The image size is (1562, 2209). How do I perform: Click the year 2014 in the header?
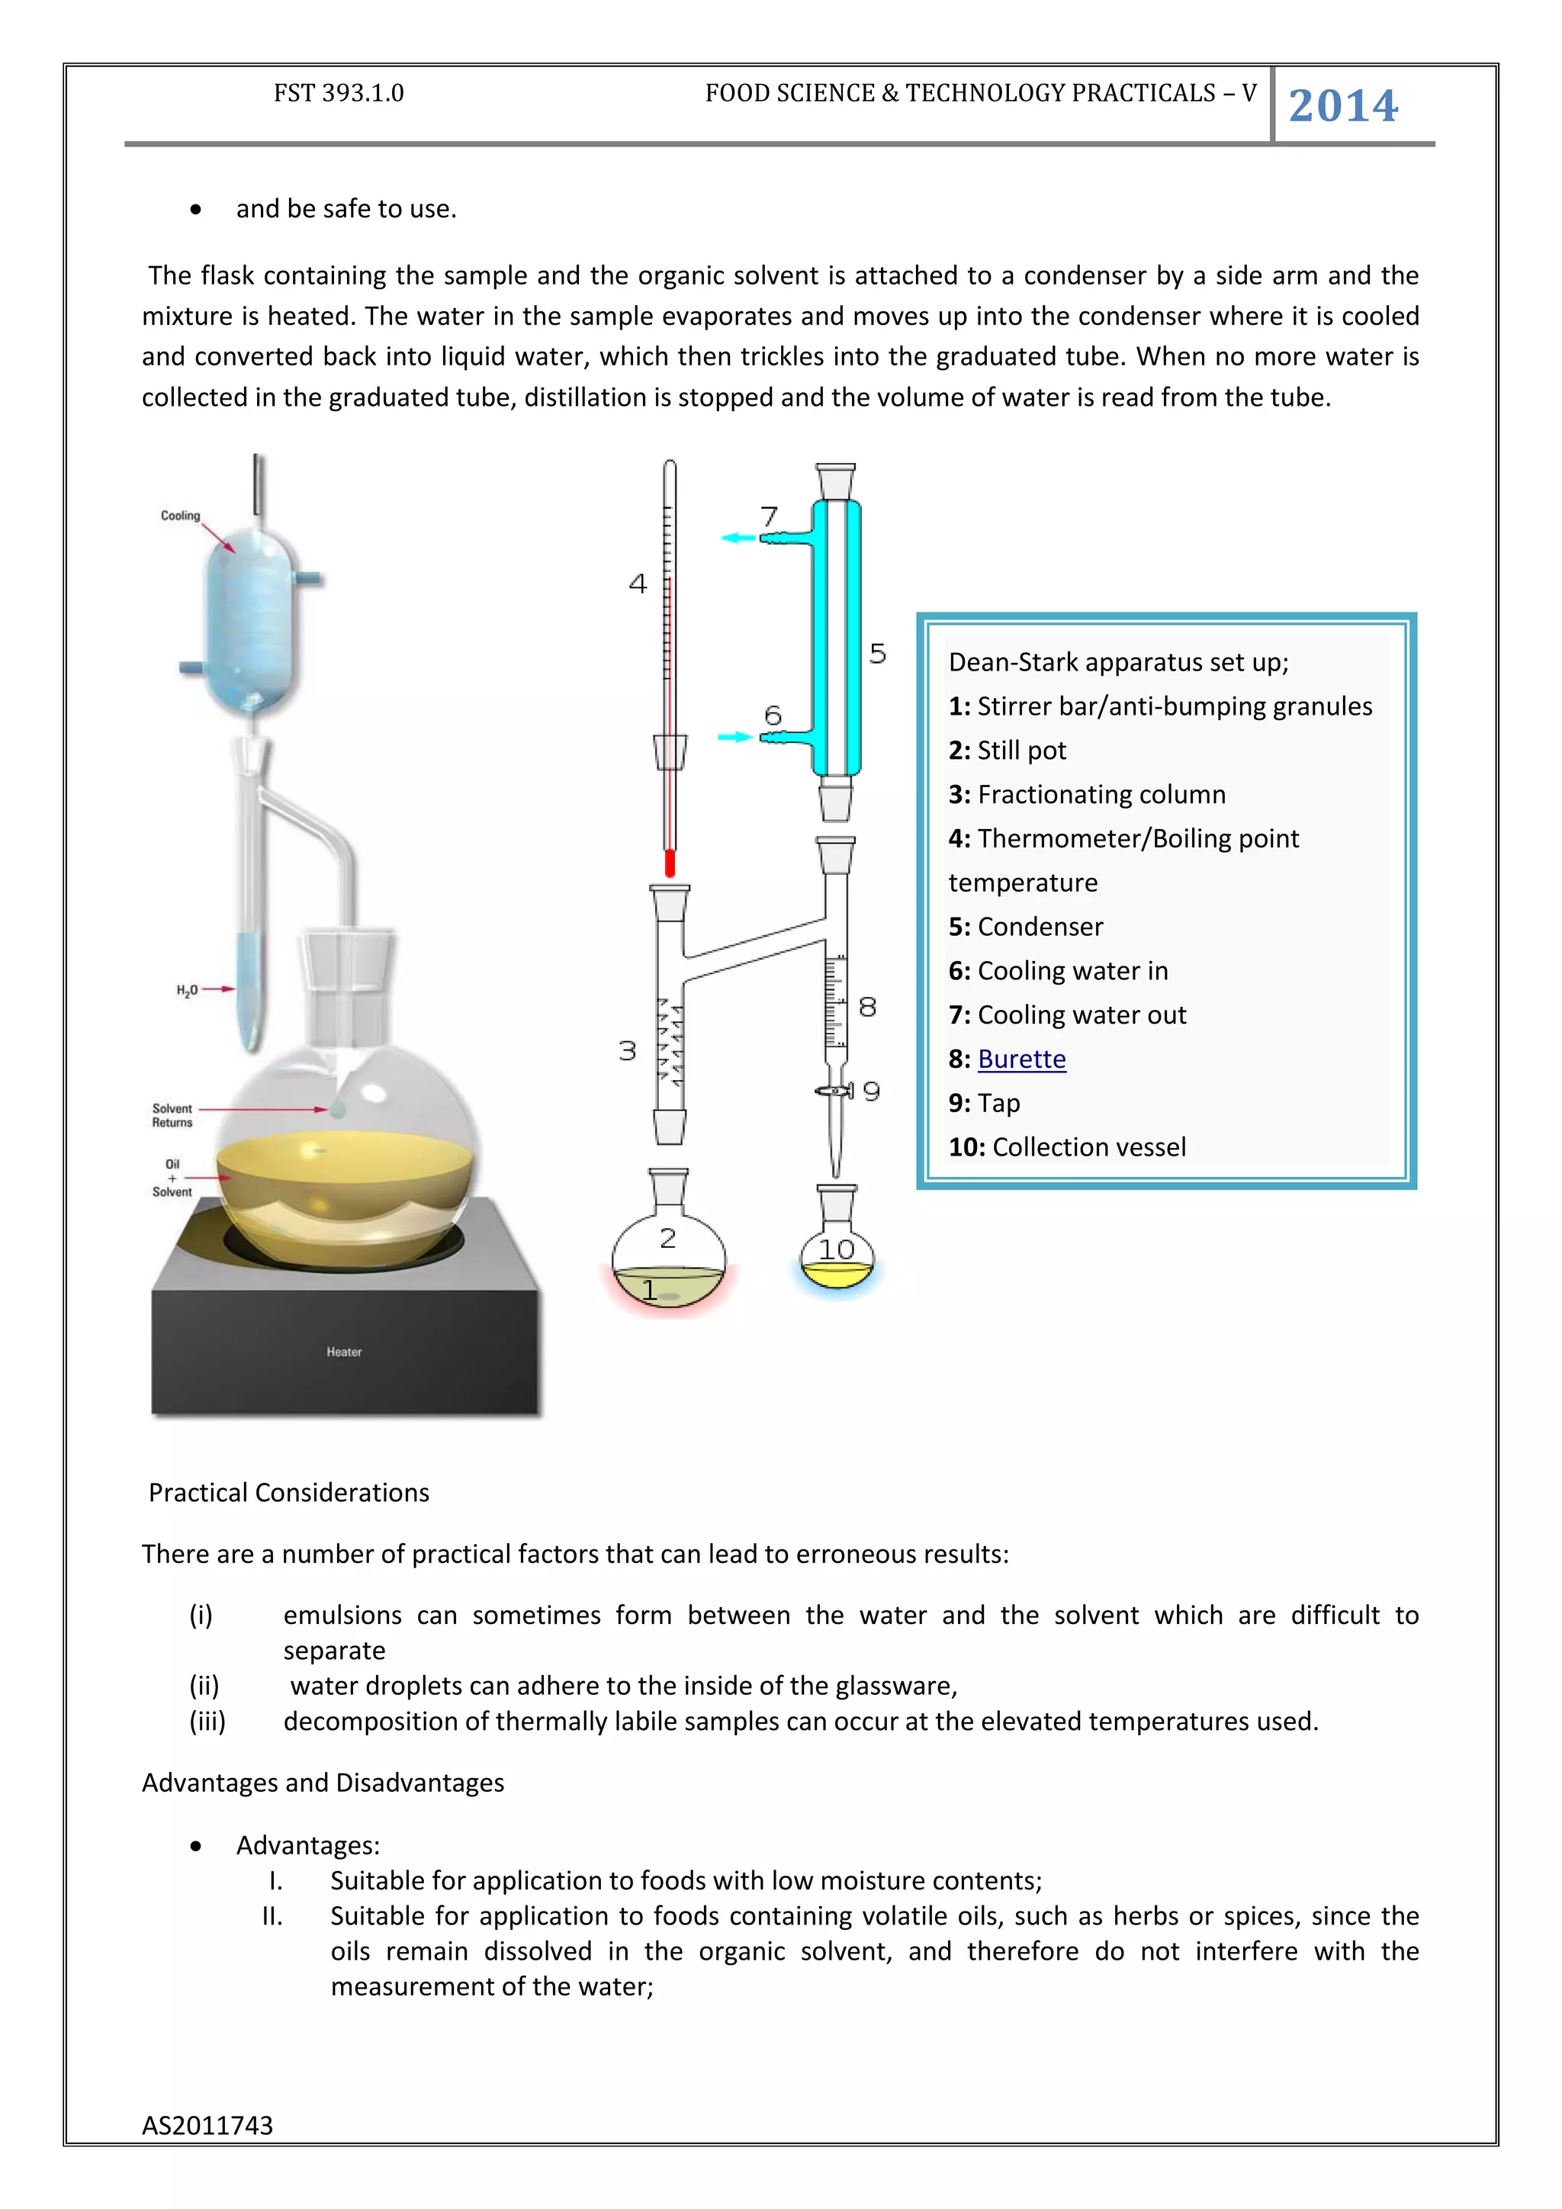pyautogui.click(x=1342, y=106)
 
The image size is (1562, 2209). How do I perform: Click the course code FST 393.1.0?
pyautogui.click(x=339, y=93)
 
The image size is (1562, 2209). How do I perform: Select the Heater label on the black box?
pyautogui.click(x=343, y=1352)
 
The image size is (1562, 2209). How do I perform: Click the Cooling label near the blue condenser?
pyautogui.click(x=180, y=516)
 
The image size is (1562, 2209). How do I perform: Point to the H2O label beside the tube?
pyautogui.click(x=187, y=990)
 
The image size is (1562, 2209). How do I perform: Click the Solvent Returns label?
pyautogui.click(x=172, y=1115)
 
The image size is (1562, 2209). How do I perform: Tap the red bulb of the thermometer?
pyautogui.click(x=670, y=863)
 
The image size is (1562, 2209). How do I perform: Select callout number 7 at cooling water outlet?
pyautogui.click(x=769, y=516)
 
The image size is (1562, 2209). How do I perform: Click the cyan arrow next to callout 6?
pyautogui.click(x=734, y=737)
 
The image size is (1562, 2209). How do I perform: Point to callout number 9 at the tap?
pyautogui.click(x=872, y=1091)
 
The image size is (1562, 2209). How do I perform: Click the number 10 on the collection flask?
pyautogui.click(x=836, y=1249)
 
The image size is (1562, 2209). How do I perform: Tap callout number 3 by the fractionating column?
pyautogui.click(x=627, y=1050)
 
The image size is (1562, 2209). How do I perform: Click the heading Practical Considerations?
pyautogui.click(x=288, y=1492)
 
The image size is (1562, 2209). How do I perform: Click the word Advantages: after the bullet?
pyautogui.click(x=308, y=1845)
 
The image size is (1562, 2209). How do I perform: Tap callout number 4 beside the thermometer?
pyautogui.click(x=638, y=584)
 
